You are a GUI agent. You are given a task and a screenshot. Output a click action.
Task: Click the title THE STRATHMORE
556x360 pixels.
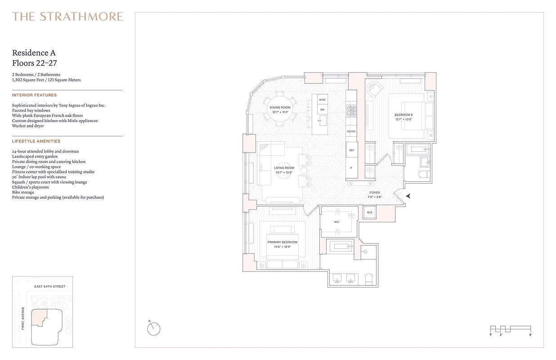(67, 17)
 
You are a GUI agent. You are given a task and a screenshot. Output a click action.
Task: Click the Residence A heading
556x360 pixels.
(34, 53)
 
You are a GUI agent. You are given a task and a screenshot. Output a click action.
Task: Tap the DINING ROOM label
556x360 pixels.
(280, 108)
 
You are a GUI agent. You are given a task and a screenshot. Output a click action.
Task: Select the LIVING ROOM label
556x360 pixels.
(284, 168)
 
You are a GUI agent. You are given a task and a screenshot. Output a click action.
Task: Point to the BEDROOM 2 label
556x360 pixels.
(403, 115)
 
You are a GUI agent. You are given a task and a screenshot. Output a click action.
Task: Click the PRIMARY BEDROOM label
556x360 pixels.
(282, 242)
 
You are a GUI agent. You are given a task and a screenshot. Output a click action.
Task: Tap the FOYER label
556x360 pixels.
(374, 193)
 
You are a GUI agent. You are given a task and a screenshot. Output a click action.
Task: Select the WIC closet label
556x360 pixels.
(336, 222)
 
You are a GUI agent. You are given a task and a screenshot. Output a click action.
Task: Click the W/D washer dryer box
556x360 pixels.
(369, 212)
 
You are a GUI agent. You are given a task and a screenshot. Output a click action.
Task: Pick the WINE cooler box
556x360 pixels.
(322, 99)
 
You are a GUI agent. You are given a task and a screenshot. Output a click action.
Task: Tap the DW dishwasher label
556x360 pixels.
(322, 109)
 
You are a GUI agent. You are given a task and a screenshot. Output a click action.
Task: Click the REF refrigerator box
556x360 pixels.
(351, 150)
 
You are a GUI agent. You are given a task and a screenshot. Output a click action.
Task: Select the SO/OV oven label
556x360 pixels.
(351, 131)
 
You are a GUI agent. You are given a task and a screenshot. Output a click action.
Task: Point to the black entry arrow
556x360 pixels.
(408, 196)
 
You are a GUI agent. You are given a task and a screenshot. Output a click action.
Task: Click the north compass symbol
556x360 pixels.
(153, 329)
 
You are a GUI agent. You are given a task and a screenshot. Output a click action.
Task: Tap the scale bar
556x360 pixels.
(510, 329)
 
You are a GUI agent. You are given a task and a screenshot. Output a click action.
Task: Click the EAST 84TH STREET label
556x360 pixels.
(50, 286)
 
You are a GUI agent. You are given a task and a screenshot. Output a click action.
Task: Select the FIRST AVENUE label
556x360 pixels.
(22, 318)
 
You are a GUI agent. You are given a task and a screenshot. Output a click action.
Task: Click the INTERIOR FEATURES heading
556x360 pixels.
(34, 95)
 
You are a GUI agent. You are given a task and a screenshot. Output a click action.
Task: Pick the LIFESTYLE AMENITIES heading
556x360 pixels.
(36, 141)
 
